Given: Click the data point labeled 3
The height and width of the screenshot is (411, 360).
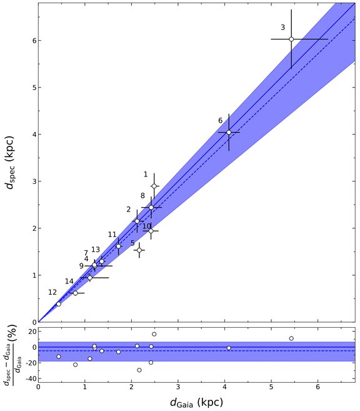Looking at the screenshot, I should pyautogui.click(x=291, y=39).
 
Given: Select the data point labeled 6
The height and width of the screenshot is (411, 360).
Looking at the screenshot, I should pyautogui.click(x=229, y=132).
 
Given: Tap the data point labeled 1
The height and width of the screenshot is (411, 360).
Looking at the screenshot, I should pyautogui.click(x=154, y=186).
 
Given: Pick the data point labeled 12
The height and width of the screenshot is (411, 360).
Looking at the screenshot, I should pyautogui.click(x=59, y=304).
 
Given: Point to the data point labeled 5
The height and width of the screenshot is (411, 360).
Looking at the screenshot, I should pyautogui.click(x=139, y=250).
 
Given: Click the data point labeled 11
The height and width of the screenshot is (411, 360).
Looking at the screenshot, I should pyautogui.click(x=118, y=246).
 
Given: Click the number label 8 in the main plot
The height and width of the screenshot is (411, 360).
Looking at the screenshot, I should pyautogui.click(x=142, y=196).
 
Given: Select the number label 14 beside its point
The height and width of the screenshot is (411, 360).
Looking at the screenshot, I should pyautogui.click(x=69, y=281).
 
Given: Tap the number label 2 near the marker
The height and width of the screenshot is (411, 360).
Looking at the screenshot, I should pyautogui.click(x=128, y=209).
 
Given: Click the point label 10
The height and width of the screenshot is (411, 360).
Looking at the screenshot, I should pyautogui.click(x=147, y=226).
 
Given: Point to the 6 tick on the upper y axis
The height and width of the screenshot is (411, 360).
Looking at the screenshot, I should pyautogui.click(x=32, y=40).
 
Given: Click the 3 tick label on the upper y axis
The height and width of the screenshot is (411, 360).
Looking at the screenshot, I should pyautogui.click(x=32, y=181).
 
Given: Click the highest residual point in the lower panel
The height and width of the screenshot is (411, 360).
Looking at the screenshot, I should pyautogui.click(x=154, y=334).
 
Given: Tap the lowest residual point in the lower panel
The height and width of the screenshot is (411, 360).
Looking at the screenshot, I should pyautogui.click(x=139, y=370).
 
